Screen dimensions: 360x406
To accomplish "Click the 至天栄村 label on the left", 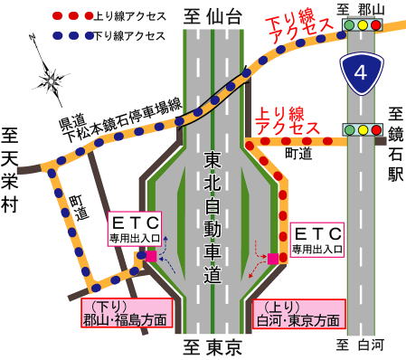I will [10, 172].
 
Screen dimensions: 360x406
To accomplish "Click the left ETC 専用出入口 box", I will [135, 229].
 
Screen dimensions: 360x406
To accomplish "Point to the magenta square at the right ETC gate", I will [272, 259].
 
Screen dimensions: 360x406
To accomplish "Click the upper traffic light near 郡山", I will [362, 26].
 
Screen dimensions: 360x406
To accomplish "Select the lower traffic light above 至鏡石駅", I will [362, 130].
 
